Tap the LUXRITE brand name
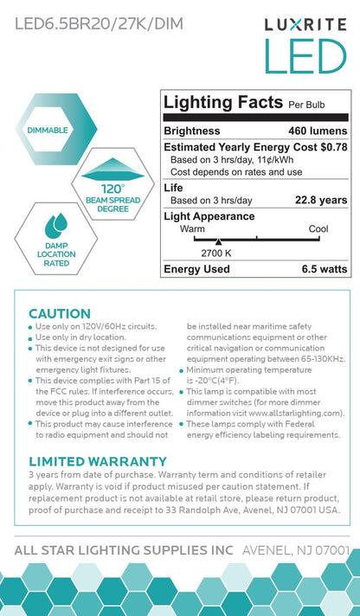pos(305,28)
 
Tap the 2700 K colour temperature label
pos(217,253)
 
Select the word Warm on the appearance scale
pos(192,229)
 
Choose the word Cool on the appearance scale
pos(319,229)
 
